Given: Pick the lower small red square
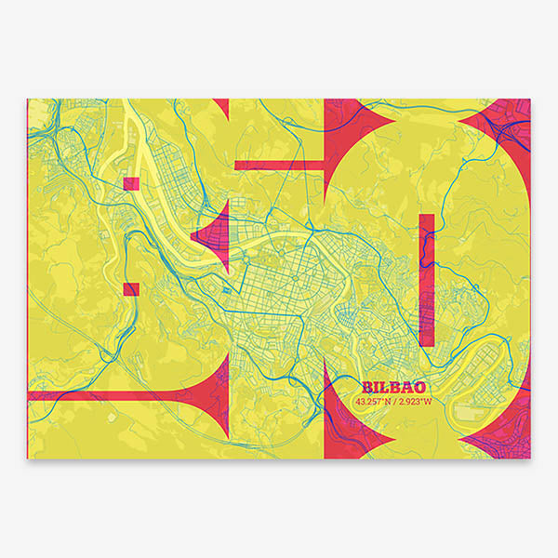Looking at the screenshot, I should [131, 289].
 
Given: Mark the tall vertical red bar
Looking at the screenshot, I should [427, 279].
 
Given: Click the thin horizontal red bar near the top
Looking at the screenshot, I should [279, 166].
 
